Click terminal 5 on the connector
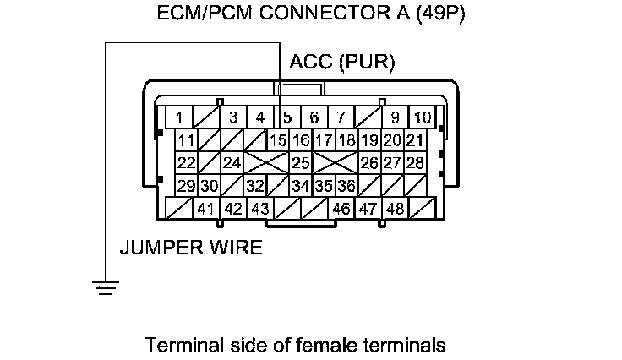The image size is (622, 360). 287,117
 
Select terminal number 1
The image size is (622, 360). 180,117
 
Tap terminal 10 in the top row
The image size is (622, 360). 422,117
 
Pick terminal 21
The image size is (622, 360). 414,140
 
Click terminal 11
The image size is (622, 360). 187,140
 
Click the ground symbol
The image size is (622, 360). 106,288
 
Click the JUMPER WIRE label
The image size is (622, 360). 190,248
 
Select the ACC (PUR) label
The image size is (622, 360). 341,63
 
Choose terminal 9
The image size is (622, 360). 395,117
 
